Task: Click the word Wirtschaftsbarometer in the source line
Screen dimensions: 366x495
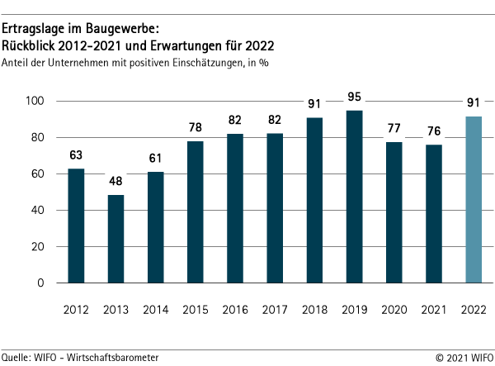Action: [115, 356]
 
